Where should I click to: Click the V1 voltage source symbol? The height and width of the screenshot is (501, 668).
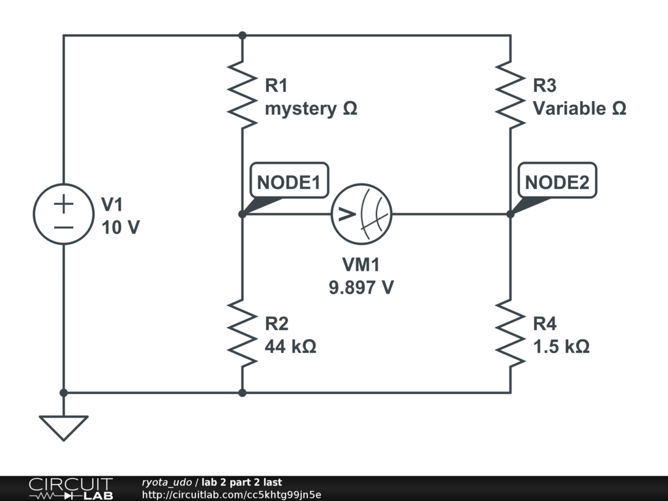[63, 214]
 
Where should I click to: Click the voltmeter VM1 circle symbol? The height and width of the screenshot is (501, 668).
[361, 214]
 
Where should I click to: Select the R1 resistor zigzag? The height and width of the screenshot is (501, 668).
[242, 93]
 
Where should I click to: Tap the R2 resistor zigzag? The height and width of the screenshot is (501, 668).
[242, 333]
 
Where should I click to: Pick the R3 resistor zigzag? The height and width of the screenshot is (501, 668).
[510, 93]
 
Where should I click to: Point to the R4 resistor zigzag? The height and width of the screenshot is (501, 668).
[510, 333]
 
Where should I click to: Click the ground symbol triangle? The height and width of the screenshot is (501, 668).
[63, 427]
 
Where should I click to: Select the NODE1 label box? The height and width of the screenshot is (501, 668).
[288, 183]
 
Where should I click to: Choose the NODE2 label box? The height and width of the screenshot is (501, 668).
[556, 183]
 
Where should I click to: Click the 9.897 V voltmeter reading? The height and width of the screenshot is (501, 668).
[361, 287]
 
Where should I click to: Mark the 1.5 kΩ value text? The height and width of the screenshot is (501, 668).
[561, 346]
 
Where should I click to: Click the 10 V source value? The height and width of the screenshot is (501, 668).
[120, 228]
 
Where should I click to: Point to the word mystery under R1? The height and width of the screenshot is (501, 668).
[300, 109]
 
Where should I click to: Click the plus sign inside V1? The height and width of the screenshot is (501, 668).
[63, 204]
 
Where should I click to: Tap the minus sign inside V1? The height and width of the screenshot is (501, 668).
[63, 226]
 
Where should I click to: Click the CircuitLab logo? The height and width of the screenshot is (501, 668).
[70, 489]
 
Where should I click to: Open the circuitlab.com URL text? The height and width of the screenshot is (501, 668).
[232, 494]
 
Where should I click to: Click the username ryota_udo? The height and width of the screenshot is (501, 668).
[166, 482]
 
